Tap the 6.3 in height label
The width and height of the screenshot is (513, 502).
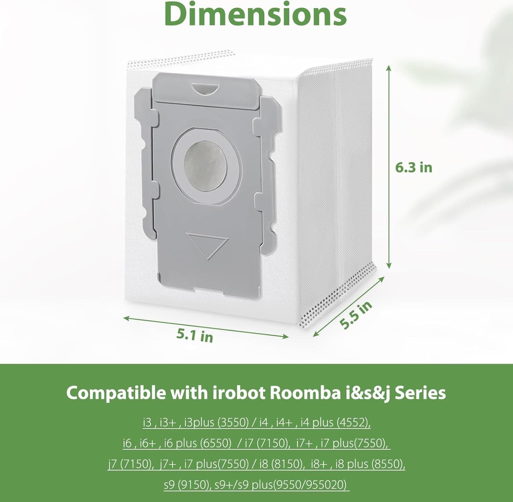coord(413,167)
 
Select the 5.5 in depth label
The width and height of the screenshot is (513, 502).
coord(356,315)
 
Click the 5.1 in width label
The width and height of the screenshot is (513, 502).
coord(195,335)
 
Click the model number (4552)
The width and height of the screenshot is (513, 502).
coord(354,422)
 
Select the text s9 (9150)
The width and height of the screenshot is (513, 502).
coord(186,485)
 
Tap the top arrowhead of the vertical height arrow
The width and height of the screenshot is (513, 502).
coord(389,67)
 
